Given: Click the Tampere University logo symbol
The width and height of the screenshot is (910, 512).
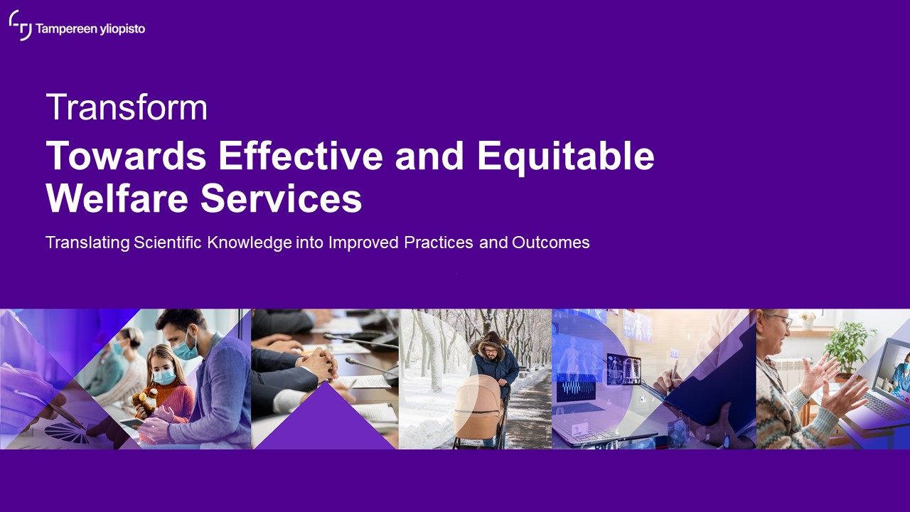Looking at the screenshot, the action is (21, 25).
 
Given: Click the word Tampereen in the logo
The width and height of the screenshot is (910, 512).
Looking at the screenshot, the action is (66, 29).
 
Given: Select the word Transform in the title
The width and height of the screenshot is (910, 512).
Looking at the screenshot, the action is (127, 107).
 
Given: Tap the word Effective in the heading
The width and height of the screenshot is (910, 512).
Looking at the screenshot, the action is (301, 156).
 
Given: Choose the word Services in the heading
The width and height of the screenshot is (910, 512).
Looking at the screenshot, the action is (281, 198).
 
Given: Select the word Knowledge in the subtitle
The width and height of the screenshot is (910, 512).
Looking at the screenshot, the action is (250, 243).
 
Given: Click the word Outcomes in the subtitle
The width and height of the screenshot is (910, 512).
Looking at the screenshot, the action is (550, 242).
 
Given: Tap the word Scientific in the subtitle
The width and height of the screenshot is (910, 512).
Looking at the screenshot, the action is (167, 242).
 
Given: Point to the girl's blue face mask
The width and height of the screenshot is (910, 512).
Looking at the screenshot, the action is (164, 377).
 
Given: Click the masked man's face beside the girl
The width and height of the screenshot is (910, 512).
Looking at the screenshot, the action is (183, 341).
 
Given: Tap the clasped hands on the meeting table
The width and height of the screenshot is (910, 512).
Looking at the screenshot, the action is (318, 363).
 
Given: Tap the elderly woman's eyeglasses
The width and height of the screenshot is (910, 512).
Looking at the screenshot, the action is (783, 319).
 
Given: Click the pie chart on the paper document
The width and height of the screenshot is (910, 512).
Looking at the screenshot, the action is (67, 432).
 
